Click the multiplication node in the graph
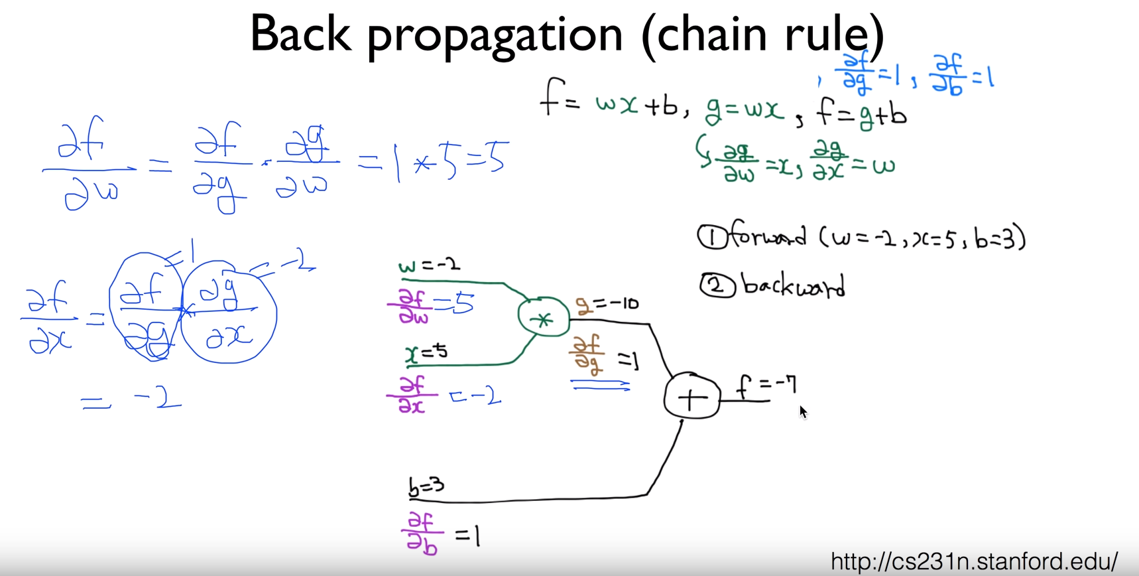point(544,319)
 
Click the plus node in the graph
point(691,397)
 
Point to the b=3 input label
point(426,487)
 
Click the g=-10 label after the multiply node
point(607,305)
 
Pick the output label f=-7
point(767,386)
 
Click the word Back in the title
point(300,33)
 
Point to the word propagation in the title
point(495,36)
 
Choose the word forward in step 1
point(768,236)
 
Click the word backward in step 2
point(793,286)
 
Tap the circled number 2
point(717,286)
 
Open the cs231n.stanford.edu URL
point(974,561)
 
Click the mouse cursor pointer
point(803,411)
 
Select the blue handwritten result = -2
point(131,399)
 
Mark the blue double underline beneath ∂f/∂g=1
point(601,384)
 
